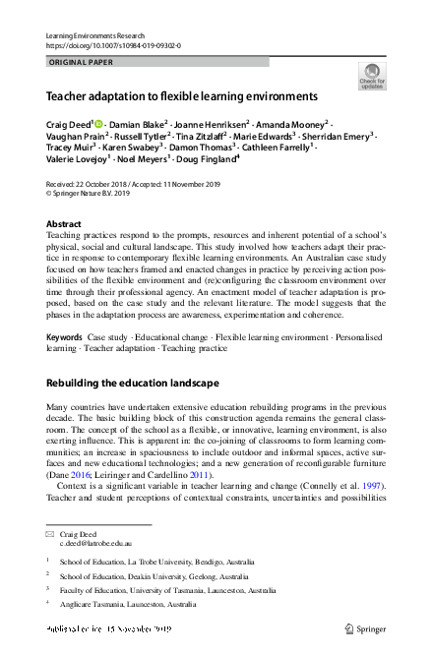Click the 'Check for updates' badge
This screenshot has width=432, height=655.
pos(372,76)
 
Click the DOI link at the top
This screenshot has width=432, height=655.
pos(100,45)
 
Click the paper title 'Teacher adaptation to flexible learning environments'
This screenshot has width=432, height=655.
pos(182,98)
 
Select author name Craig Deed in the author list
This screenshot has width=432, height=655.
pos(68,126)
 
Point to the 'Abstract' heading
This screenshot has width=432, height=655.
pos(64,224)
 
